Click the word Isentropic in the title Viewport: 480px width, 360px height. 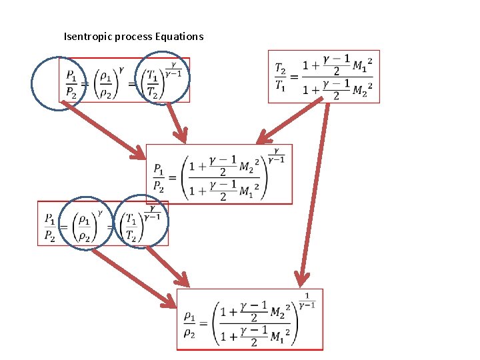pyautogui.click(x=87, y=36)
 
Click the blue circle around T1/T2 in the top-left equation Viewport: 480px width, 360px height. pyautogui.click(x=162, y=78)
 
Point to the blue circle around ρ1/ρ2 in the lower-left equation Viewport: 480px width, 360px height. pyautogui.click(x=85, y=223)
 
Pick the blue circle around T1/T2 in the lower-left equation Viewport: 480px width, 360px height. pyautogui.click(x=141, y=222)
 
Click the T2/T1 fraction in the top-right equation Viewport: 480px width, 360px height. pyautogui.click(x=281, y=77)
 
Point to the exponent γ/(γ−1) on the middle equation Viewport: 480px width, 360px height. pyautogui.click(x=277, y=155)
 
